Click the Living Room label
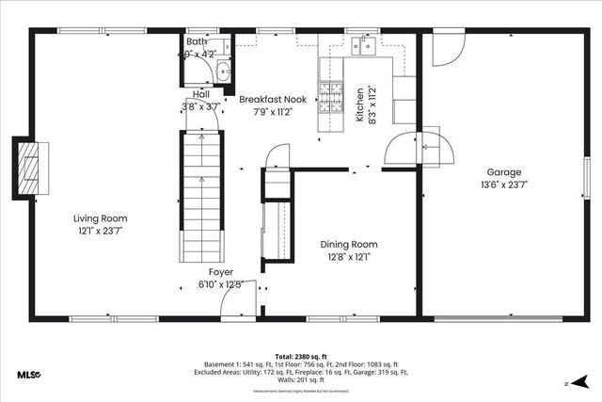tap(100, 218)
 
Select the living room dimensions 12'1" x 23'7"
tap(100, 230)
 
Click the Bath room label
tap(197, 42)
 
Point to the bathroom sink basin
tap(223, 72)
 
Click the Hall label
tap(201, 94)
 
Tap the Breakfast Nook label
tap(273, 99)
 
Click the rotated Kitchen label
tap(358, 106)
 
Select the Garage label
tap(503, 172)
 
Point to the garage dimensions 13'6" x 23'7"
tap(503, 185)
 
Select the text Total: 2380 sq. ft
tap(301, 357)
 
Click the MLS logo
tap(27, 375)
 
